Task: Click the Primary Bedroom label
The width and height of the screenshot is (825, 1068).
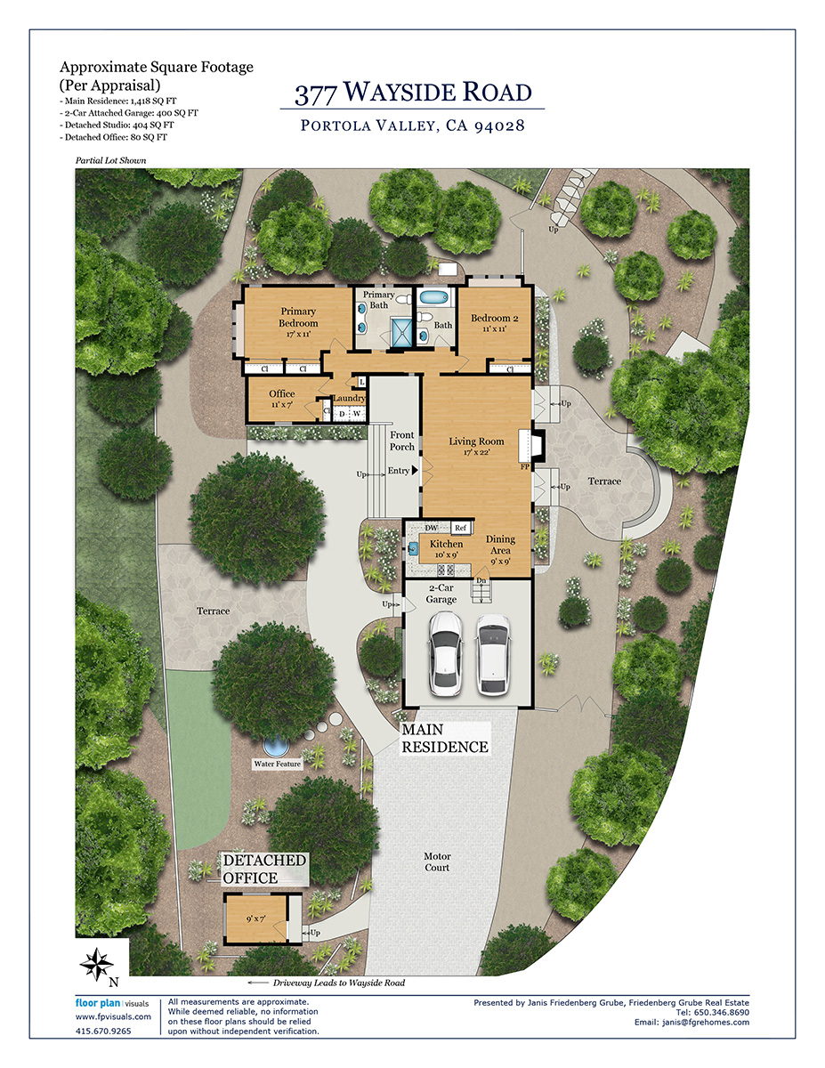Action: (298, 317)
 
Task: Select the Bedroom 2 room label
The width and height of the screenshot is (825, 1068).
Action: (494, 318)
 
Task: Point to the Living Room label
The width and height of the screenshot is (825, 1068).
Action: (476, 441)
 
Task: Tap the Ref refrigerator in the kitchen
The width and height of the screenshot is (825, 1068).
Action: (461, 528)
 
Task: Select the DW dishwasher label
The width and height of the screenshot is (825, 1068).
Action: (431, 528)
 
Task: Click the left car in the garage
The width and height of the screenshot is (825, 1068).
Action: (446, 653)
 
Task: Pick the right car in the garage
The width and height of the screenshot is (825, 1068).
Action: (493, 654)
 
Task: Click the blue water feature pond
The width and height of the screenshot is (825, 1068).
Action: (276, 746)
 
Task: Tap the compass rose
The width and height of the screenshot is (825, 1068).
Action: (97, 964)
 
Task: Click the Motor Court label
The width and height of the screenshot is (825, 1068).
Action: (437, 862)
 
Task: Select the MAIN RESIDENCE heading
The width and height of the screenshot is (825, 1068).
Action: (445, 738)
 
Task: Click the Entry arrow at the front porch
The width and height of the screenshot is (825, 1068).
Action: (415, 470)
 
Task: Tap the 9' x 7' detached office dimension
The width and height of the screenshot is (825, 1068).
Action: (255, 918)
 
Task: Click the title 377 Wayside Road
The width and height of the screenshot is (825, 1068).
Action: (413, 92)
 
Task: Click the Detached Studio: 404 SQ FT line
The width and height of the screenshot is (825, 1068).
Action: (117, 125)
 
